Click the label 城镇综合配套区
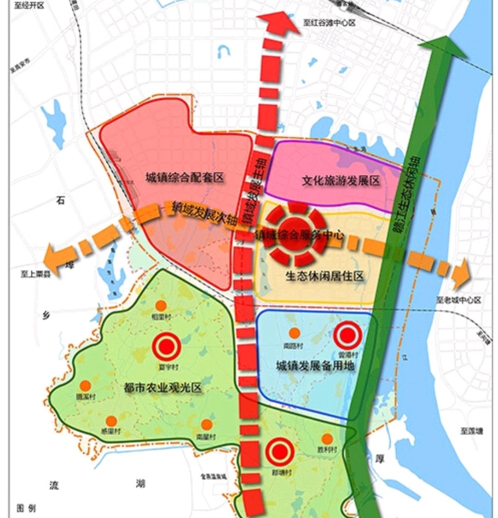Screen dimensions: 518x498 (x=184, y=178)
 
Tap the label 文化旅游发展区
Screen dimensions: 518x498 (x=341, y=181)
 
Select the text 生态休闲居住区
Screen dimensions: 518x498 (x=325, y=276)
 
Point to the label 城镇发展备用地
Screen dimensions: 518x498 (x=315, y=366)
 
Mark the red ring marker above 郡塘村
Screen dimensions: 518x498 (x=280, y=452)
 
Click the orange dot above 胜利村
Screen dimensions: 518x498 (x=327, y=439)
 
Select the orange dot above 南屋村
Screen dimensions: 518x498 (x=207, y=424)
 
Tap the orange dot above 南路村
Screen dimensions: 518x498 (x=295, y=333)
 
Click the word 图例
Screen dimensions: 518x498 (x=26, y=508)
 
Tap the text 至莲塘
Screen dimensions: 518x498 (x=471, y=431)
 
